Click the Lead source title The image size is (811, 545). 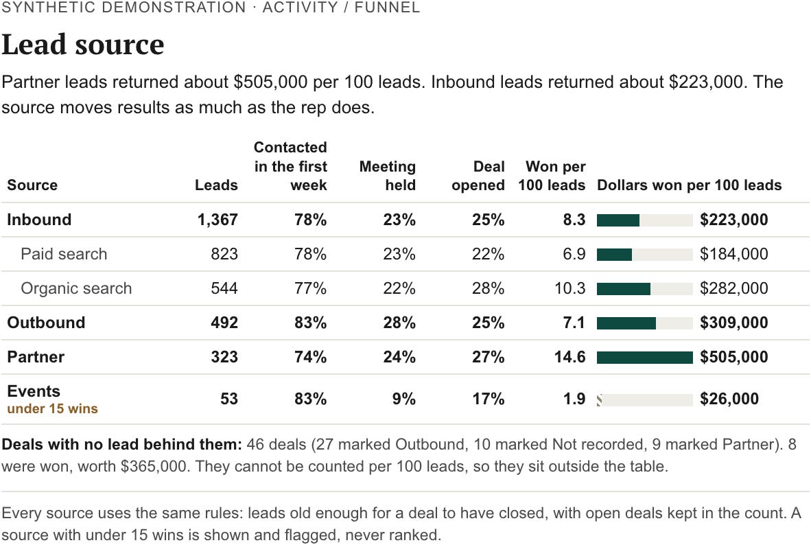(x=83, y=45)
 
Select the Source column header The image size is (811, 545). (x=32, y=185)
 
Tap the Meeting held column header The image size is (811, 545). (x=388, y=176)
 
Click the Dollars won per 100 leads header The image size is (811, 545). (x=689, y=185)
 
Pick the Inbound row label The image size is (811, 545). (x=39, y=220)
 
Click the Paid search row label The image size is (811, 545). (x=64, y=254)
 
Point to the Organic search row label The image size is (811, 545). (x=76, y=288)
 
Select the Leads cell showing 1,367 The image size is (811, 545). (x=218, y=220)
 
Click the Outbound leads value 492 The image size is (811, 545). (x=224, y=323)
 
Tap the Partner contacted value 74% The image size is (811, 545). (x=310, y=357)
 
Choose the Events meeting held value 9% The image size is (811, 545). (x=404, y=399)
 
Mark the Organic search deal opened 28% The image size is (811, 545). (x=489, y=288)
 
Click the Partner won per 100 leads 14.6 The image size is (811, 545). (x=570, y=357)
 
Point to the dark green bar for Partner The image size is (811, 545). (x=644, y=357)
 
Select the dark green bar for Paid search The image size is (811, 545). (x=615, y=255)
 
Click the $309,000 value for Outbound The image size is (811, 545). (x=734, y=323)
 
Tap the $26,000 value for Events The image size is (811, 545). (x=729, y=399)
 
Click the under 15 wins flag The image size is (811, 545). (x=52, y=409)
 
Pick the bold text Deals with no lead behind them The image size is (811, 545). (x=121, y=445)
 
